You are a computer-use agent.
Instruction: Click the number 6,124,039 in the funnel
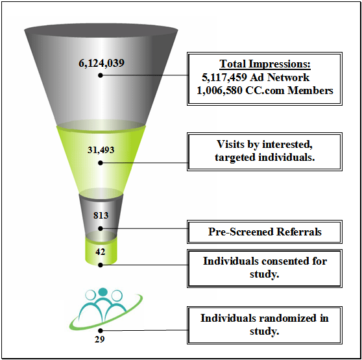102,63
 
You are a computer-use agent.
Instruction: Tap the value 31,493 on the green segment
101,150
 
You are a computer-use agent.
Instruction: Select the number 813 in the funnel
101,215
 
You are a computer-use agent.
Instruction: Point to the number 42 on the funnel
101,252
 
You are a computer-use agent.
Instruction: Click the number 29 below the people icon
99,339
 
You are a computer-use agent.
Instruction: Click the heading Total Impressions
265,64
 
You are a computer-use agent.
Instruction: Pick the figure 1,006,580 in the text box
219,90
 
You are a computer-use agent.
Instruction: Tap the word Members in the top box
310,90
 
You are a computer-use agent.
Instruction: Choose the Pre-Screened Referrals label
265,232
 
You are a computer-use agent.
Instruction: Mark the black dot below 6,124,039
101,75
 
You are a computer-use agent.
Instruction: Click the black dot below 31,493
101,163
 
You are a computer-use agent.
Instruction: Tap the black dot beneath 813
101,228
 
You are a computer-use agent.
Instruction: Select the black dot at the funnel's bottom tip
101,265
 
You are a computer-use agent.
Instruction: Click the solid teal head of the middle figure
103,292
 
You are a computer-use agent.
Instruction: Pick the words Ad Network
280,77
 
